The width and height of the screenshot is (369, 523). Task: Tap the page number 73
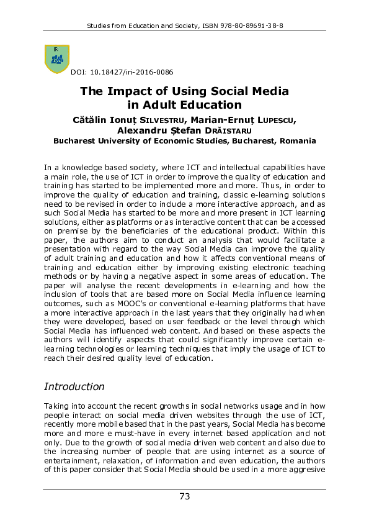coord(184,496)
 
